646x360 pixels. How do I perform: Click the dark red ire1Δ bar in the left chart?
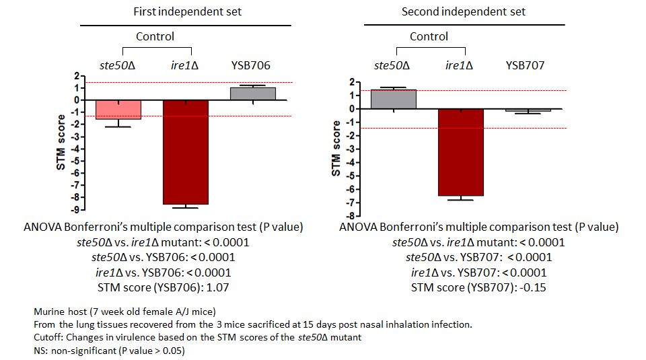[185, 152]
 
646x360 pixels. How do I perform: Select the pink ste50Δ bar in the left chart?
[118, 110]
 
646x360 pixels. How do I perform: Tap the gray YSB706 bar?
[253, 94]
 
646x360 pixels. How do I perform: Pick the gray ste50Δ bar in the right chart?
[394, 99]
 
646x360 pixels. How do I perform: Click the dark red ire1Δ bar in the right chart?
[460, 152]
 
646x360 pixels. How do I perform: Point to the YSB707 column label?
[525, 65]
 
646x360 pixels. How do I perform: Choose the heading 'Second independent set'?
[464, 11]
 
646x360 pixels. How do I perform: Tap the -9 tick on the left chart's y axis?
[79, 210]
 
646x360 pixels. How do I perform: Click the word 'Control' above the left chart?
[155, 36]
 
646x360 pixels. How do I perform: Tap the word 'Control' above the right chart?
[429, 36]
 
